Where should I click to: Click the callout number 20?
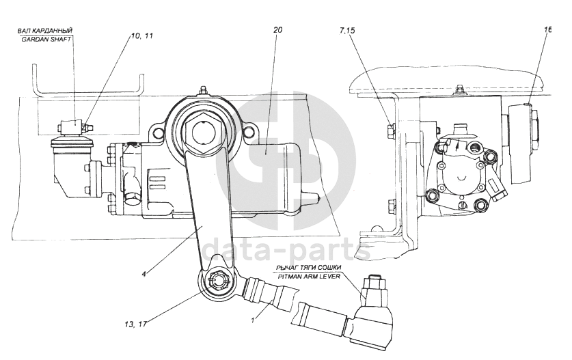[277, 30]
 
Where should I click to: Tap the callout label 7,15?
[347, 31]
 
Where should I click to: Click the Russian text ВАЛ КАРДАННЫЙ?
[46, 30]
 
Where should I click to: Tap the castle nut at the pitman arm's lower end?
[218, 279]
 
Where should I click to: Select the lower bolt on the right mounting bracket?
[392, 204]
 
